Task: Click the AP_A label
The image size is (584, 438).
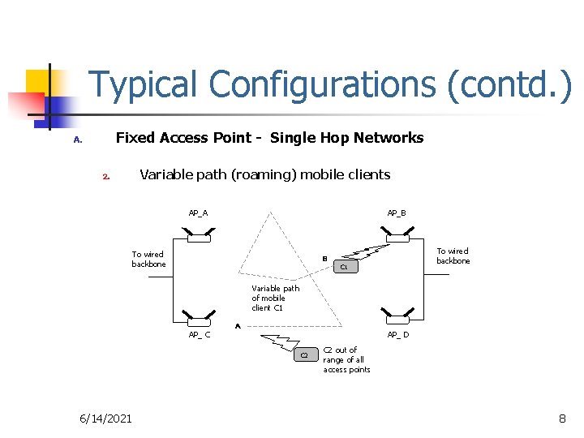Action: point(198,213)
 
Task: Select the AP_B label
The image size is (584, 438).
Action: point(397,213)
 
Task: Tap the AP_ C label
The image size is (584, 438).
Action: point(199,334)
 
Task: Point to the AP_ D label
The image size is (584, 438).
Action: point(398,334)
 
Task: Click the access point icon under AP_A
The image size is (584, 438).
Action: point(198,236)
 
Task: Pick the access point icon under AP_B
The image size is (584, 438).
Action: point(397,236)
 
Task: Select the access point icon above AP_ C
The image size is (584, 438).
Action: point(198,319)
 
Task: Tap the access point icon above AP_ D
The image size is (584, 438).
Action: point(397,319)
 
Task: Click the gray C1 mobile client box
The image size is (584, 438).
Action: point(344,266)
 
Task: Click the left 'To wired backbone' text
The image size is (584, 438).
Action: point(148,259)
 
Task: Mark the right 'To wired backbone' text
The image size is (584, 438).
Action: point(453,255)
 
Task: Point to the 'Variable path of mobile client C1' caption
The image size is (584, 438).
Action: point(275,298)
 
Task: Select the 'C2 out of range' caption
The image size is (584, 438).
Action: point(346,359)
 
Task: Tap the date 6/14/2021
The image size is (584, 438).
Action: point(105,418)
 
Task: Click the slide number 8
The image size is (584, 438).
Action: point(562,418)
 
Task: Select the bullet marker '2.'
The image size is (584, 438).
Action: point(106,176)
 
